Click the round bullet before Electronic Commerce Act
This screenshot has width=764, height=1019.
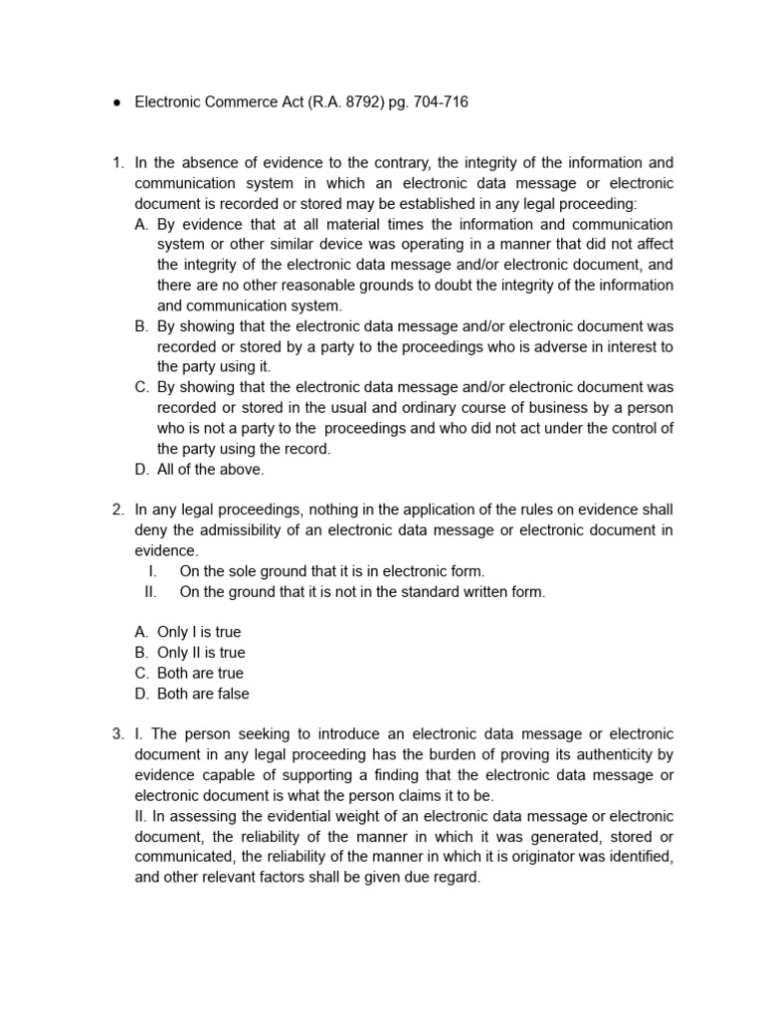(x=116, y=102)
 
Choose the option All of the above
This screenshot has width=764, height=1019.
(x=210, y=469)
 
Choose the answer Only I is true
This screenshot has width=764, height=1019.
(x=198, y=632)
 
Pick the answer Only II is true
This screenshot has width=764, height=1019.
(x=200, y=653)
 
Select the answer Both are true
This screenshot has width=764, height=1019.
(x=200, y=673)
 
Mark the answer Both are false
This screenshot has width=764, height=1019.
(x=203, y=694)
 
